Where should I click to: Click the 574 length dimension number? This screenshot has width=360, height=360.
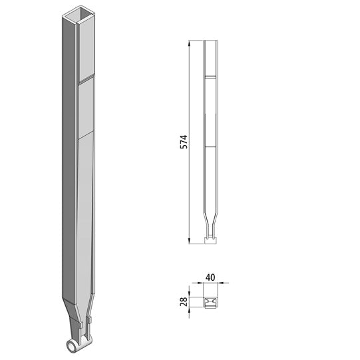(184, 142)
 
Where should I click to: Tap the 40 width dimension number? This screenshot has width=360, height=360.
(211, 275)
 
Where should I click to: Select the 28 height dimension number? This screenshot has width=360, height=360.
(184, 301)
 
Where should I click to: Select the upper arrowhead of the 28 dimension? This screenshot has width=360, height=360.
(191, 293)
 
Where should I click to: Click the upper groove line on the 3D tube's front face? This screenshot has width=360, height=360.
(86, 80)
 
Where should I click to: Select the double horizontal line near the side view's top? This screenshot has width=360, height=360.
(210, 77)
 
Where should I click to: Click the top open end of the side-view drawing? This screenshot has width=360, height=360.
(210, 42)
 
